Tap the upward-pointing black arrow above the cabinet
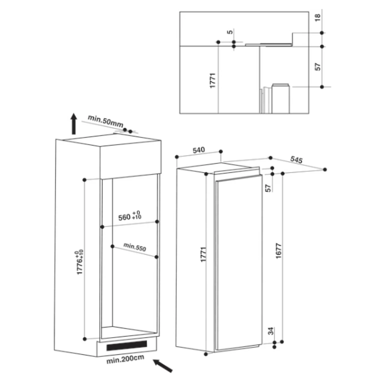click(x=73, y=123)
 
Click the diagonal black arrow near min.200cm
click(x=163, y=365)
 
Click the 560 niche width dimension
click(x=130, y=216)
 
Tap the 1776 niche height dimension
click(x=80, y=262)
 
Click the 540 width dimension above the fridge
click(x=199, y=150)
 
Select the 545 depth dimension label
click(x=296, y=159)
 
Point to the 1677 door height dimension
click(x=278, y=250)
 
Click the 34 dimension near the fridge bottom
click(x=271, y=331)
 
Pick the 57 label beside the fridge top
click(x=268, y=188)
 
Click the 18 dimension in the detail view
click(x=317, y=17)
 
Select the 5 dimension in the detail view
click(x=230, y=32)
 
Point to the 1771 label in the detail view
click(x=212, y=80)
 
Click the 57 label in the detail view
click(x=317, y=66)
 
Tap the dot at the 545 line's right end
click(x=325, y=169)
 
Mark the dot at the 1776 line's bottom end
click(x=84, y=339)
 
